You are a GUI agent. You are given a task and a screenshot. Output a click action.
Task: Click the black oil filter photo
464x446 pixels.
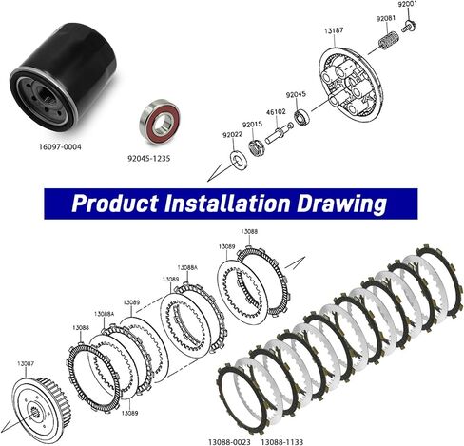63,78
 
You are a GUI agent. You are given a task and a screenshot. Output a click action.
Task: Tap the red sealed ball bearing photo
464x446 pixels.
160,122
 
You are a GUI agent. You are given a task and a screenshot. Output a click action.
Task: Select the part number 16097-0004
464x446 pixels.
60,147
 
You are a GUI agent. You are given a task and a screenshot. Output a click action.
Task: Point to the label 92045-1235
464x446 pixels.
148,158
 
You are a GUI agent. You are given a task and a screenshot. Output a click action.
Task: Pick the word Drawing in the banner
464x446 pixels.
341,204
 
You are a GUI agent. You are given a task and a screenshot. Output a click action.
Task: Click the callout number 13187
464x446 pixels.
334,30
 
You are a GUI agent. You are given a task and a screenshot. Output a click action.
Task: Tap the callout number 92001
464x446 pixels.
408,4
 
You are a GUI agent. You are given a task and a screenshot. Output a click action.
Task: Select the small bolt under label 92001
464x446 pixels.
409,27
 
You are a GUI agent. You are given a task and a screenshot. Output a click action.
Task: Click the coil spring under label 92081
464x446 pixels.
389,41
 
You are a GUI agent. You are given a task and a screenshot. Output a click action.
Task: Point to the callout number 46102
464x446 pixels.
276,112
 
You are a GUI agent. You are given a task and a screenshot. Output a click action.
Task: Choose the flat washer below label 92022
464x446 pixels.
236,158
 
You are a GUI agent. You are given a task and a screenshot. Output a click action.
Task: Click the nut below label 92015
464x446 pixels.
256,148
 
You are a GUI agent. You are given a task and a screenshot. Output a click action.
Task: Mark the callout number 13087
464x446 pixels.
26,363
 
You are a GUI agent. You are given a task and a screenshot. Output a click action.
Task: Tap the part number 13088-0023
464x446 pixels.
229,442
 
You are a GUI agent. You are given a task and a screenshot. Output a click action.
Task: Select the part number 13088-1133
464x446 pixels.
282,442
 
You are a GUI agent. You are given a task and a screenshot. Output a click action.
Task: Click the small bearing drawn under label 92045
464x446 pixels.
301,117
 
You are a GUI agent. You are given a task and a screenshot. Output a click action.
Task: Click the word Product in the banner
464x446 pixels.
114,203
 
